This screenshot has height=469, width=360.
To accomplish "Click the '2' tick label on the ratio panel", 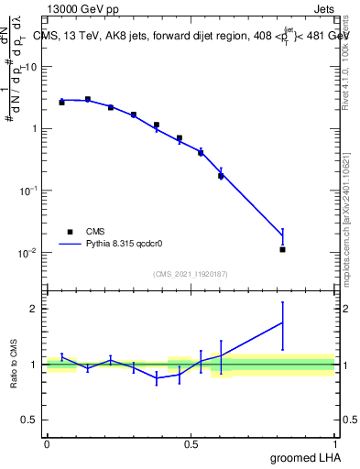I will [34, 309].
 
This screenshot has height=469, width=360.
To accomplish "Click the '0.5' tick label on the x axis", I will [191, 444].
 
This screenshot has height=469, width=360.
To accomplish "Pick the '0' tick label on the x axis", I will [47, 444].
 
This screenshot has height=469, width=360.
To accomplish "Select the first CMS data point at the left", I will [61, 103].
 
